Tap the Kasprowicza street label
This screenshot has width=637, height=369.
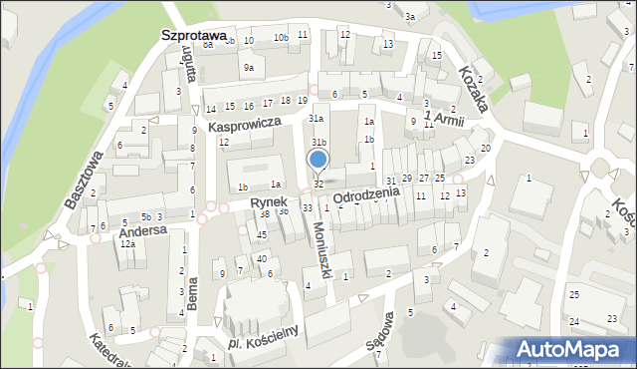(x=245, y=124)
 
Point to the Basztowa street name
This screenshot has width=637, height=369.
(x=84, y=180)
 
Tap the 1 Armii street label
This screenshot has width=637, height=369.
(x=444, y=120)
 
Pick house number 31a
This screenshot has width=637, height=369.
(x=316, y=119)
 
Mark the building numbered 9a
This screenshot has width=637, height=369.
(x=249, y=67)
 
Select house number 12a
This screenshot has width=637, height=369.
(x=127, y=243)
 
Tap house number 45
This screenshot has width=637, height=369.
(x=262, y=234)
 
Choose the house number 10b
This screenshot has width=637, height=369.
(x=282, y=39)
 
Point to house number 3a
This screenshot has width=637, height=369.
(x=409, y=16)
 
